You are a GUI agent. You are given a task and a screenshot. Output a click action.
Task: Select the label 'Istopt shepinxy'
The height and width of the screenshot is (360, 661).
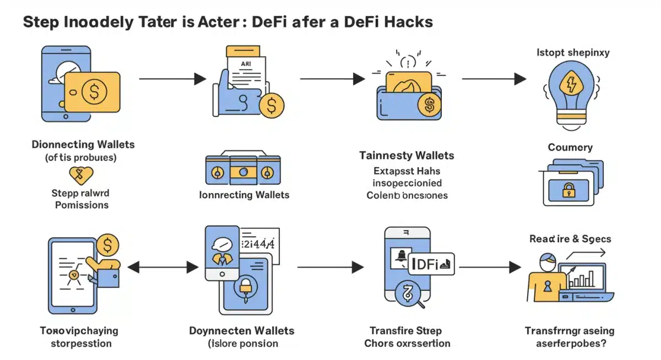pos(573,53)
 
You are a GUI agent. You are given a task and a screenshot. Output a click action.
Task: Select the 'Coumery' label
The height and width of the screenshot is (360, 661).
pos(570,148)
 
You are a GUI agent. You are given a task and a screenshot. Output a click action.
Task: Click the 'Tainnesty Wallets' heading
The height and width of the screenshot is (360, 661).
pos(407,156)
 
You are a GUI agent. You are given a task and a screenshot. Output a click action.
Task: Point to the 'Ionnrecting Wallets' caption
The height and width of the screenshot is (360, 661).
pos(244,195)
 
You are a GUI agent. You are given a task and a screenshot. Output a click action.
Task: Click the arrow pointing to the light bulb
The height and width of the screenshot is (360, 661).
pos(494,79)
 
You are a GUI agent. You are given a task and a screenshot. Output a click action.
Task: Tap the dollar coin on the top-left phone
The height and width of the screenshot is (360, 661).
pos(94,92)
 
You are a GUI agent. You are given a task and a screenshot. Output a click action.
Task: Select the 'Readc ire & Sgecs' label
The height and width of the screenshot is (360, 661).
pos(570,239)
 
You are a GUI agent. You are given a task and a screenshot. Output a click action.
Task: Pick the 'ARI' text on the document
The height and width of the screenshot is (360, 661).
pos(246,64)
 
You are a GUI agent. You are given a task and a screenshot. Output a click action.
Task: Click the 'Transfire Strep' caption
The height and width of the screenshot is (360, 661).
pos(407,331)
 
